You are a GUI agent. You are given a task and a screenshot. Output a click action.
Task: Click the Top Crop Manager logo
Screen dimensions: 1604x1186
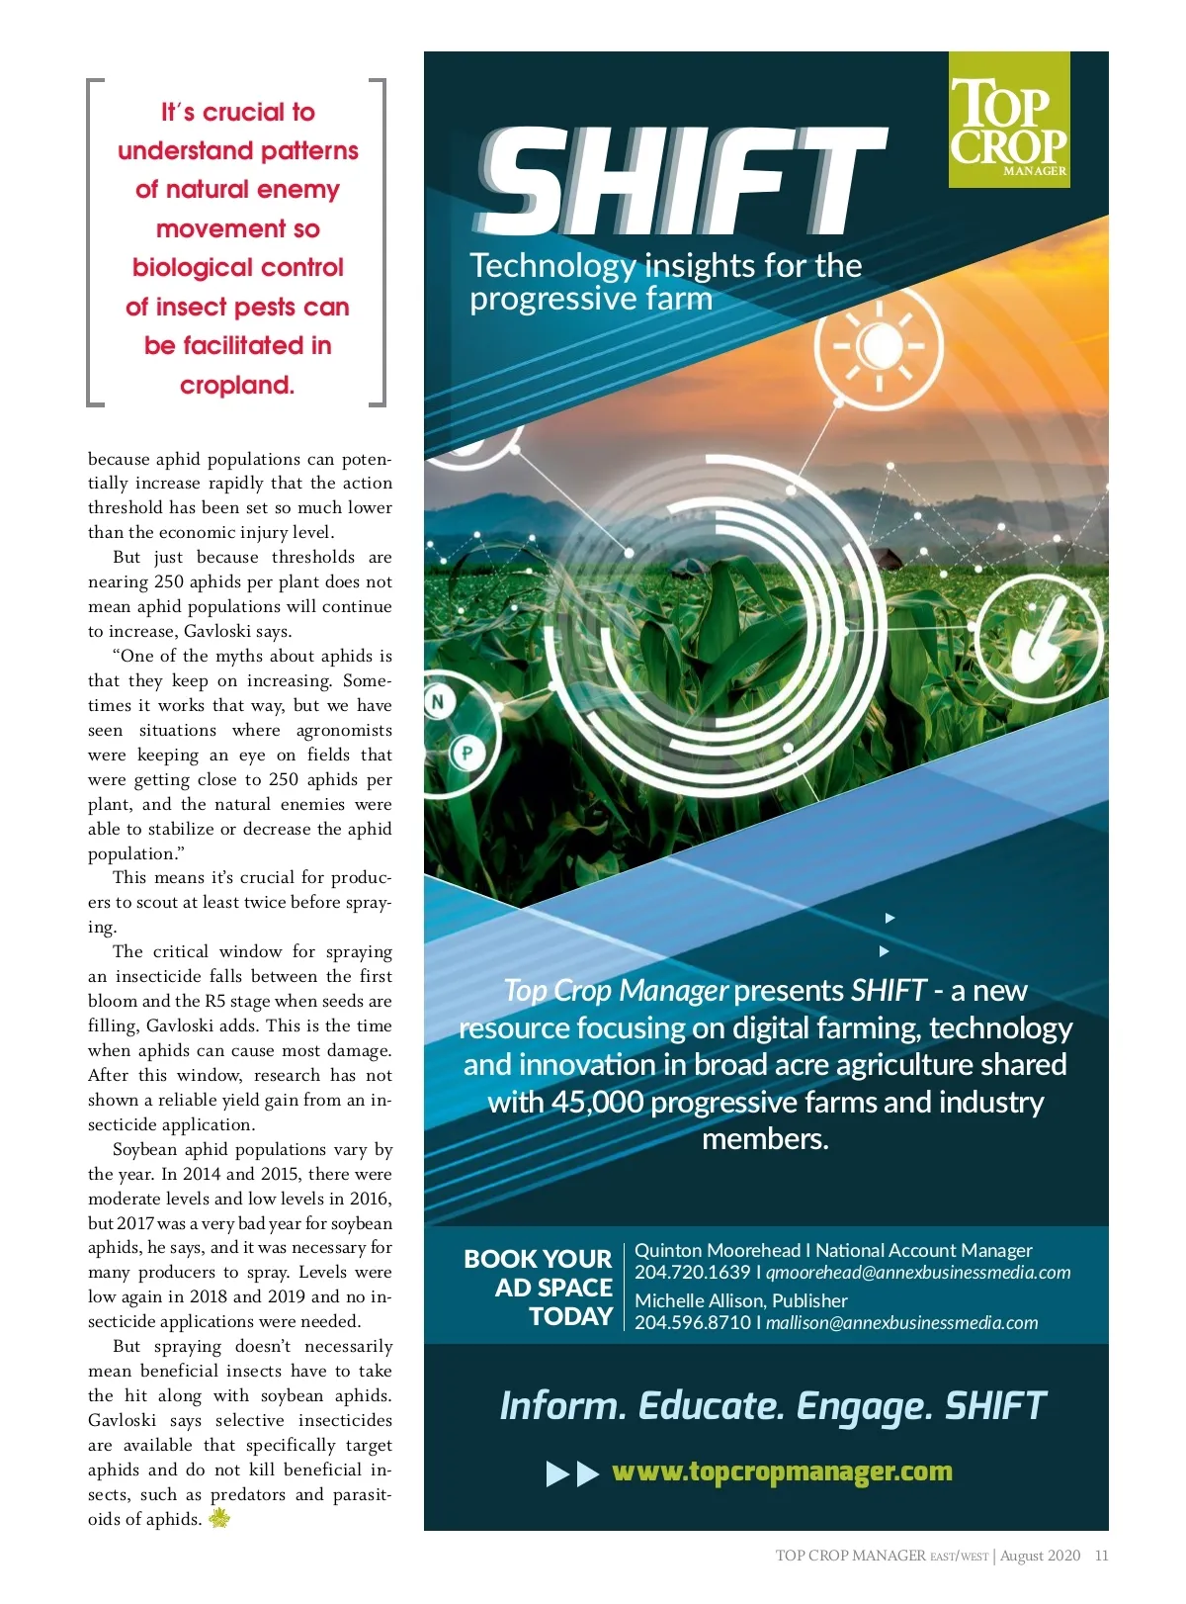coord(1008,121)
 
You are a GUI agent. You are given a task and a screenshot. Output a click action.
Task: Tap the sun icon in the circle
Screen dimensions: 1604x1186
coord(879,346)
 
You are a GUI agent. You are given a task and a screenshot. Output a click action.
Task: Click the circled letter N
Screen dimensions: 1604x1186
coord(439,703)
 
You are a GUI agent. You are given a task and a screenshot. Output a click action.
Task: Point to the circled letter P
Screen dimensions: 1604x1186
coord(466,754)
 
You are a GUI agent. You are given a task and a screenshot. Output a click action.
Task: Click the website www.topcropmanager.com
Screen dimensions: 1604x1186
coord(782,1471)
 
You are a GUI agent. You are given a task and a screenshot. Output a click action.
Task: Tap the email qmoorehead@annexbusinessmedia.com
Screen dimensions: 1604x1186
coord(918,1273)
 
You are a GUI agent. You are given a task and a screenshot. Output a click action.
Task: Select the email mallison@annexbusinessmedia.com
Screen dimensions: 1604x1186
coord(901,1323)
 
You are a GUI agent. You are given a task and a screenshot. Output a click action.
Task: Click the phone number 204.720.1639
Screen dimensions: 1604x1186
coord(692,1273)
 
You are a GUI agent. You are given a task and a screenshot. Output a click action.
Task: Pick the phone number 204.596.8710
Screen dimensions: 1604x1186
coord(692,1323)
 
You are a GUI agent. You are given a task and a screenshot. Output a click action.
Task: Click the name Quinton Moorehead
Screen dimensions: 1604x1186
coord(717,1251)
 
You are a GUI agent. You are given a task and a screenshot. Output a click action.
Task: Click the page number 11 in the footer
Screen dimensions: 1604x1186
coord(1101,1556)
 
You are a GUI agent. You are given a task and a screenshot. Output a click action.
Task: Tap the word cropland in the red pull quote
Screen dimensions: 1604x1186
coord(236,385)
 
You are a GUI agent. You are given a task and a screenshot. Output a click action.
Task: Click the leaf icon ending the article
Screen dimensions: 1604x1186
coord(219,1518)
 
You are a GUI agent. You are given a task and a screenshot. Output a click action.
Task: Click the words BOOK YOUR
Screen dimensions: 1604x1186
coord(538,1259)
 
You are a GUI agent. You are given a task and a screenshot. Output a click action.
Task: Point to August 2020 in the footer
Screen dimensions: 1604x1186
coord(1040,1556)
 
